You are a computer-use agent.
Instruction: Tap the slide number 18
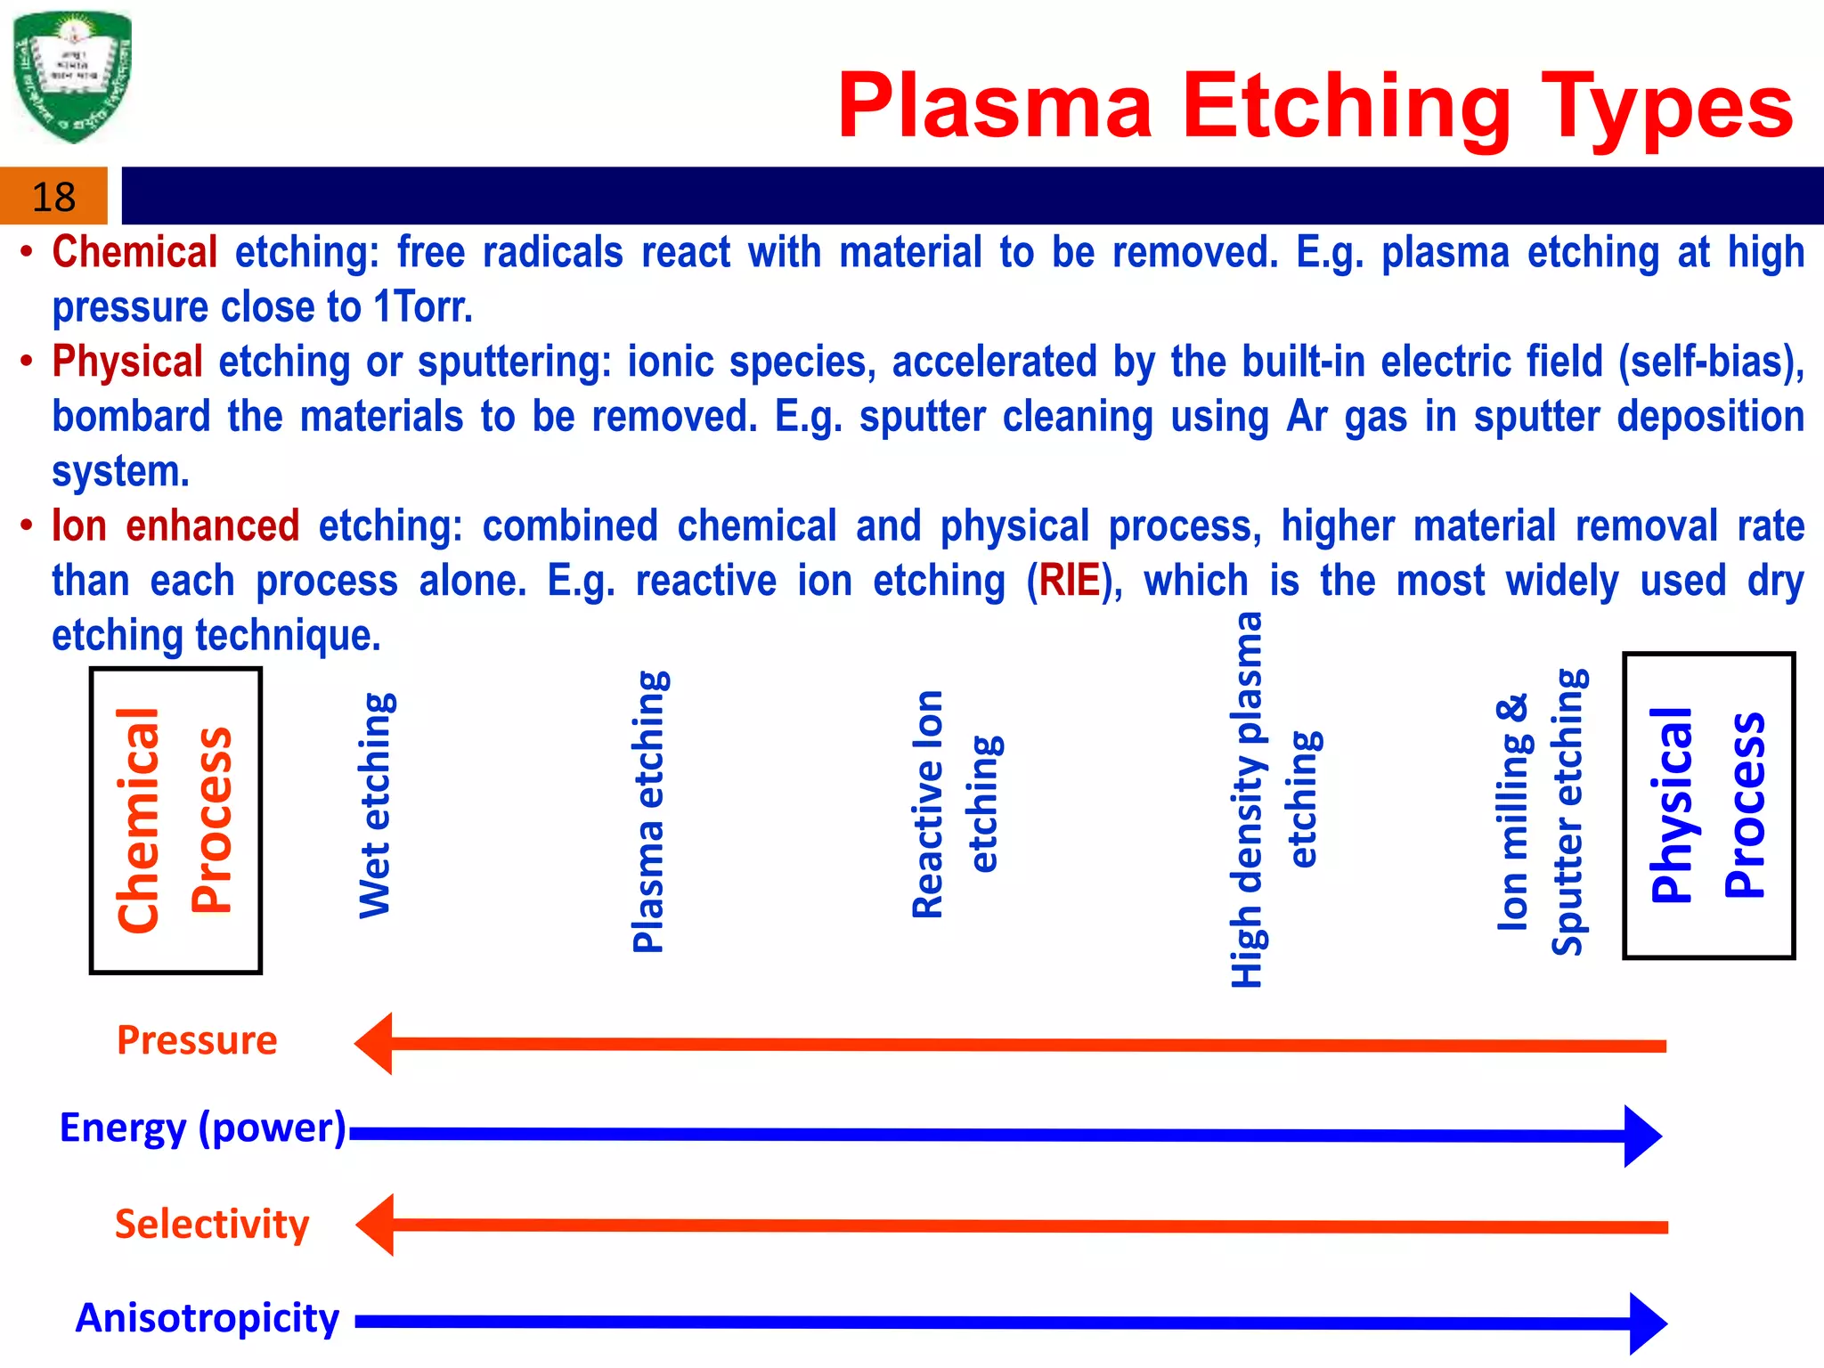coord(53,197)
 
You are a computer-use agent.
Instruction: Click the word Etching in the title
coord(1346,107)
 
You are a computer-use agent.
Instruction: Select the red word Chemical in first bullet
coord(134,252)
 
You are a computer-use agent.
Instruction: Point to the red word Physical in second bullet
coord(127,362)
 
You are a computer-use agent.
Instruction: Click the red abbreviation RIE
coord(1069,581)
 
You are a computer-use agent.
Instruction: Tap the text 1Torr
coord(423,307)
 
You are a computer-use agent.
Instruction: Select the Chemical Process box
coord(175,820)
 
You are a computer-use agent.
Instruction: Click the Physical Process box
coord(1707,805)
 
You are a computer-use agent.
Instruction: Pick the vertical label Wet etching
coord(375,805)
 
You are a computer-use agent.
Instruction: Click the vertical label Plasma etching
coord(649,811)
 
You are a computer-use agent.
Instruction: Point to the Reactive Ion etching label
coord(957,803)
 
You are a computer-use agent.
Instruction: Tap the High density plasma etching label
coord(1274,800)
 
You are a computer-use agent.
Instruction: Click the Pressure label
coord(197,1040)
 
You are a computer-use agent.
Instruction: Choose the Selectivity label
coord(212,1224)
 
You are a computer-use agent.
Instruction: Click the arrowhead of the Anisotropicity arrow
coord(1647,1323)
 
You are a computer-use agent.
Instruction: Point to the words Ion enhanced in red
coord(175,525)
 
